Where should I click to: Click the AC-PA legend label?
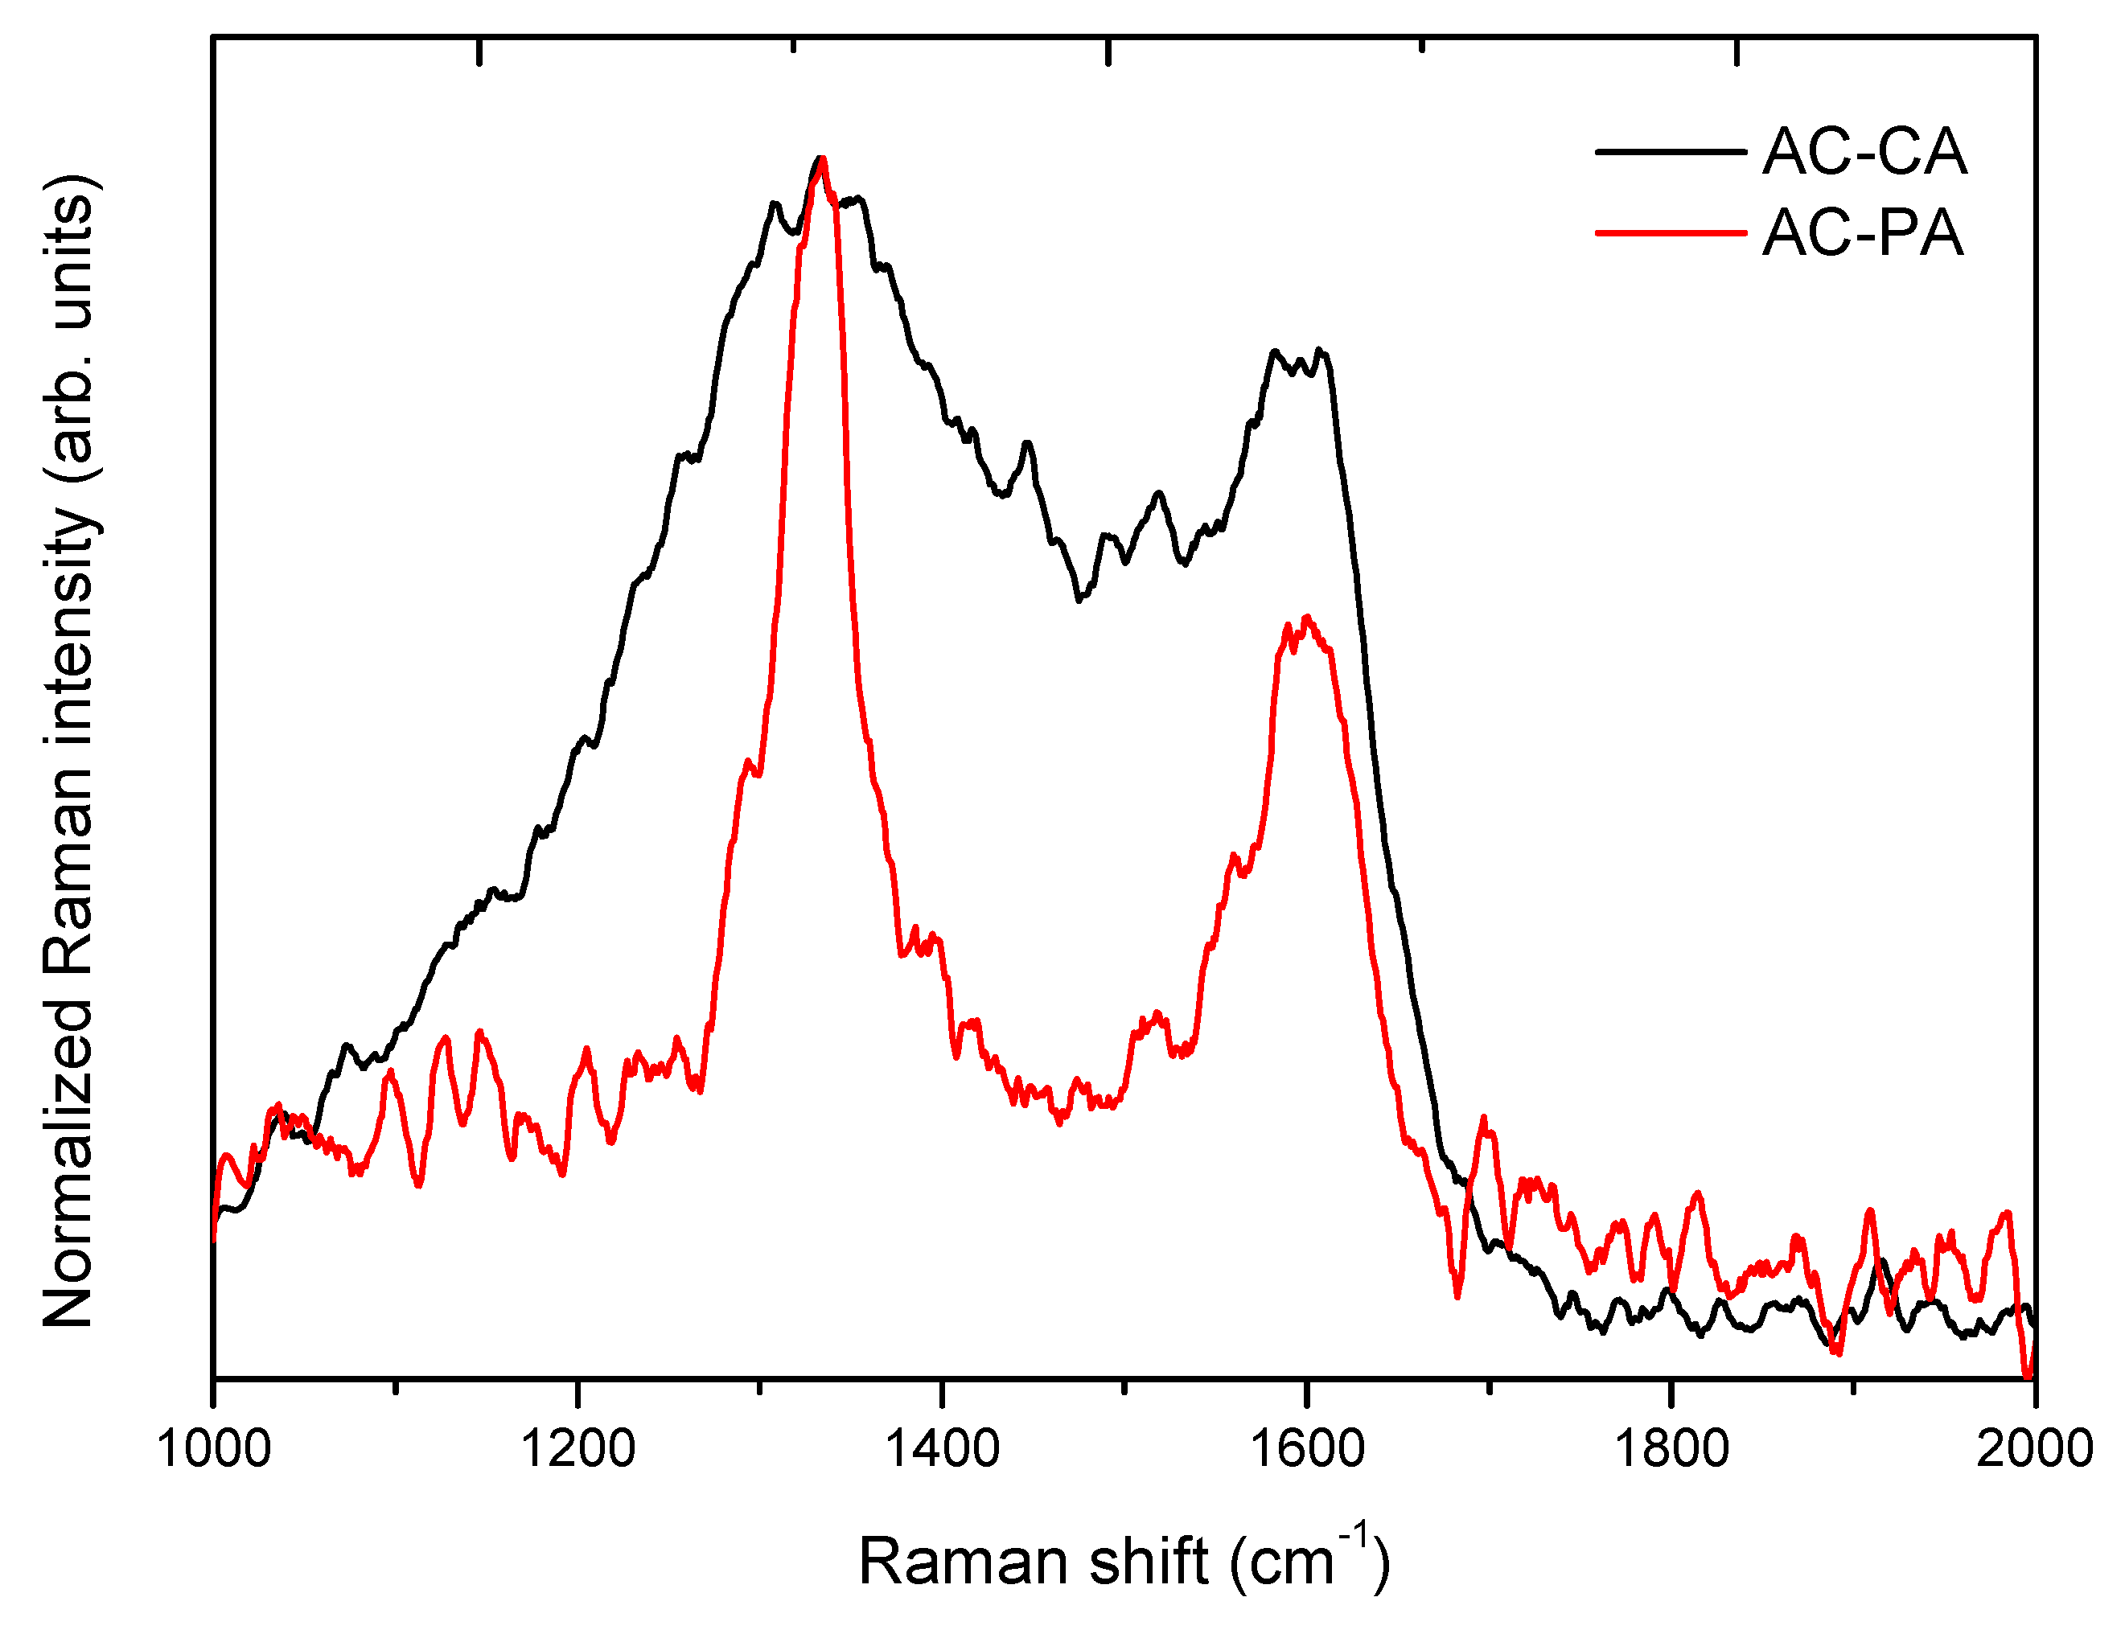[x=1862, y=233]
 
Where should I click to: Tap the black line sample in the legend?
[x=1669, y=151]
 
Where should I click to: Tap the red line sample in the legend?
[x=1669, y=233]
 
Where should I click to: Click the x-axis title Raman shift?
[x=1124, y=1562]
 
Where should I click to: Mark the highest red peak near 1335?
[x=823, y=161]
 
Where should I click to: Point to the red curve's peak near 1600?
[x=1306, y=619]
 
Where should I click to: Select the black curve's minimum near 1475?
[x=1078, y=598]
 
